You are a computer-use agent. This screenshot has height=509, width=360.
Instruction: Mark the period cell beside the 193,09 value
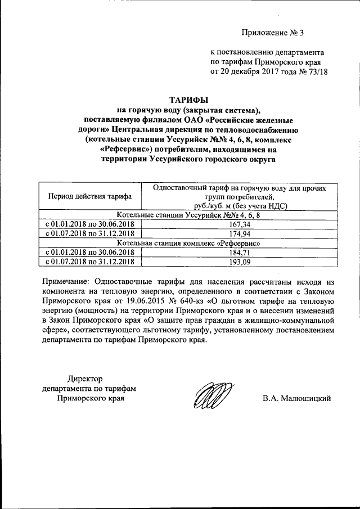[x=89, y=262]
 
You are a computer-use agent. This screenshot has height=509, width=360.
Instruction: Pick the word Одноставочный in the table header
[x=179, y=187]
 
